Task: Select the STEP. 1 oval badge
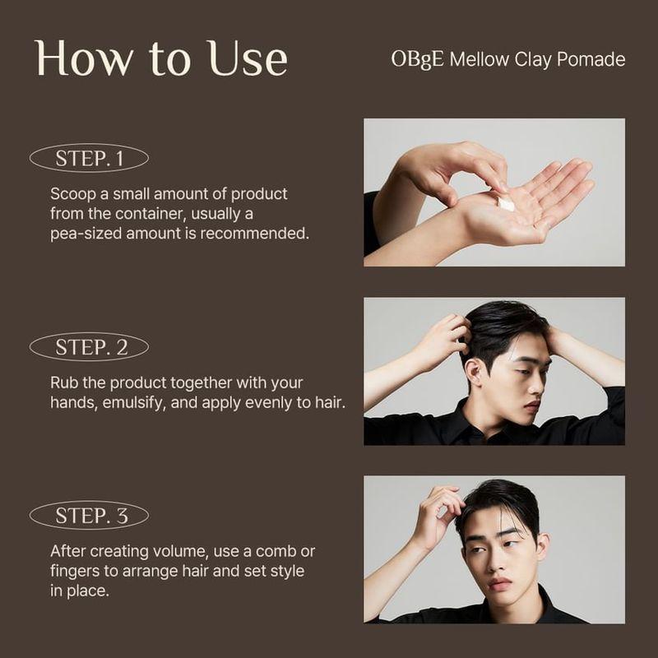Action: pyautogui.click(x=89, y=159)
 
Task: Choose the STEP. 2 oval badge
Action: pyautogui.click(x=89, y=347)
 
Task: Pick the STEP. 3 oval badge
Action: pyautogui.click(x=89, y=516)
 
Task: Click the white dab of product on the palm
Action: pyautogui.click(x=506, y=202)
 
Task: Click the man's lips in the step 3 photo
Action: pyautogui.click(x=499, y=585)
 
